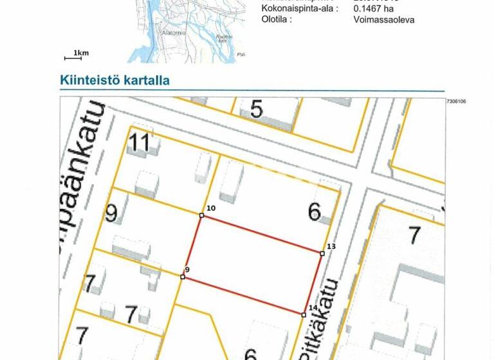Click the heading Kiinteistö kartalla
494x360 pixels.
114,80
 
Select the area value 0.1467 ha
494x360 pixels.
374,8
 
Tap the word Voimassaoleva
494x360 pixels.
384,19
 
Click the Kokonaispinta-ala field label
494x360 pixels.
300,8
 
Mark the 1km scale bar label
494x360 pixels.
80,53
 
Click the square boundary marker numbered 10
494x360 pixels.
201,215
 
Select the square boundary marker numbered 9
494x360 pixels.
183,277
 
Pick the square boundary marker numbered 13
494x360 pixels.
322,253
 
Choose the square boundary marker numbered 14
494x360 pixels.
304,314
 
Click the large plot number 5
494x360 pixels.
257,109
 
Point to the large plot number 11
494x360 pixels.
140,142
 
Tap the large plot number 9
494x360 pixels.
111,213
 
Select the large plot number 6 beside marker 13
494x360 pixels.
315,212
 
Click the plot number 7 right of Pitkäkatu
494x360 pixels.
415,235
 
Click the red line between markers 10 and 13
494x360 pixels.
261,234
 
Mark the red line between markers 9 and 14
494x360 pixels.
243,296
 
